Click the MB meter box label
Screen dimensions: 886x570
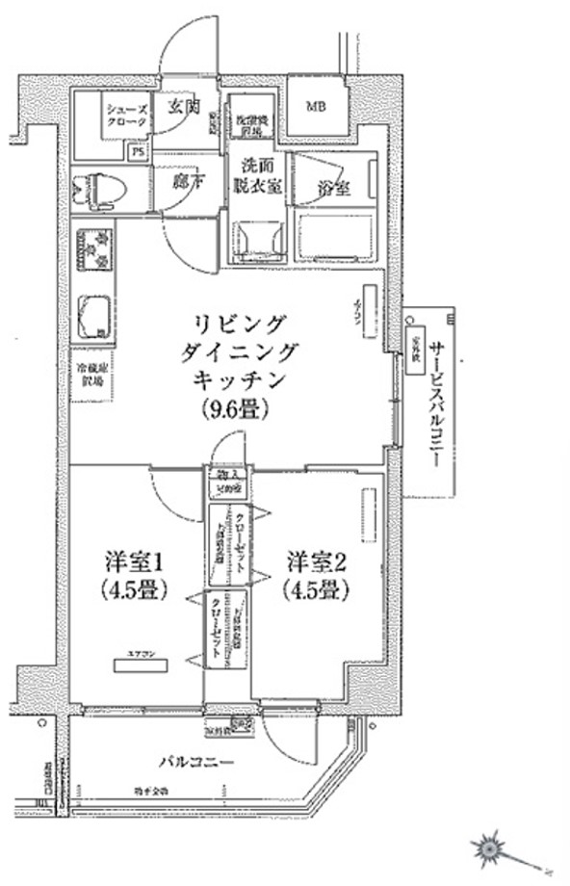tap(317, 106)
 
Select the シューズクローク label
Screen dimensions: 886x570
tap(127, 117)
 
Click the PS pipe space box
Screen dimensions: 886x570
tap(138, 151)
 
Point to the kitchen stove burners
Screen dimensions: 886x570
tap(92, 248)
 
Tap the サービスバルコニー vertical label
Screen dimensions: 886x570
tap(434, 404)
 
